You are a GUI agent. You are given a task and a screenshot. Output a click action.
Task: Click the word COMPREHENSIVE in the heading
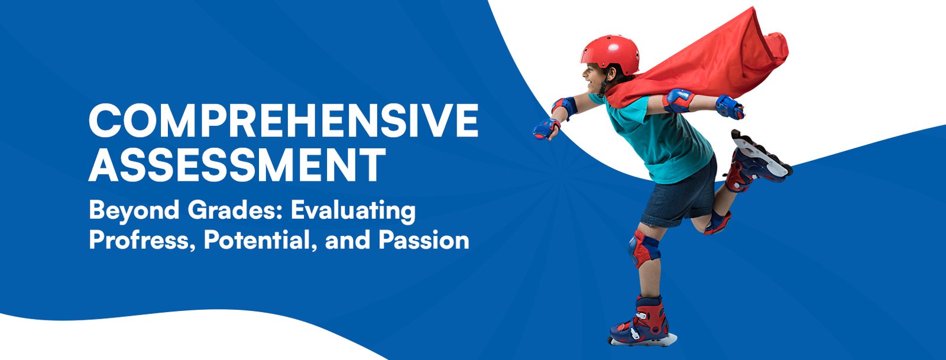(x=283, y=120)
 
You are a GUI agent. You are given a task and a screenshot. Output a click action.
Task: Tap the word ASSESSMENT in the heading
(x=237, y=165)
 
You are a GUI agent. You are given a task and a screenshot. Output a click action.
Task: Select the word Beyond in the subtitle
(x=134, y=210)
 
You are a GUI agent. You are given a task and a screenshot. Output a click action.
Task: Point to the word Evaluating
(x=353, y=210)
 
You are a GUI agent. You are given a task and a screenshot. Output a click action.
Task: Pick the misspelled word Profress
(x=142, y=240)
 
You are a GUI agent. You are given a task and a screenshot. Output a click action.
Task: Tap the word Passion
(x=423, y=240)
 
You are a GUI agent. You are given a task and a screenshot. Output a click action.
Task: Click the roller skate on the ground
(x=642, y=322)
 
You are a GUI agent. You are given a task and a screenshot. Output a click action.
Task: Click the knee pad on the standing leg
(x=643, y=248)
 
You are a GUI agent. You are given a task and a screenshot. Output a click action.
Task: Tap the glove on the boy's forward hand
(x=546, y=129)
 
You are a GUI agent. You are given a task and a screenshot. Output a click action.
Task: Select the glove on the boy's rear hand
(x=730, y=107)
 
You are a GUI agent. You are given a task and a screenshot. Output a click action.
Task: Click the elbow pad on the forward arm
(x=565, y=106)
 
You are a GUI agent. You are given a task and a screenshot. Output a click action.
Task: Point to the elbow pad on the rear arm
(x=678, y=100)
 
